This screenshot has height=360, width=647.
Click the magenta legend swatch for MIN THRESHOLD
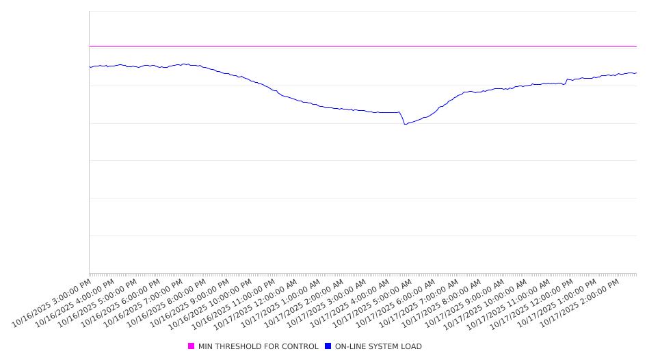pyautogui.click(x=191, y=346)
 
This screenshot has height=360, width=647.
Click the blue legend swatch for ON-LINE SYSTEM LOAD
pyautogui.click(x=328, y=346)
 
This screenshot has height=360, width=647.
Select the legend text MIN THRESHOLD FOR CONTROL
pyautogui.click(x=258, y=346)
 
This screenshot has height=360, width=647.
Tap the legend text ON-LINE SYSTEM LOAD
pyautogui.click(x=378, y=346)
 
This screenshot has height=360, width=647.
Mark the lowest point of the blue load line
pyautogui.click(x=405, y=124)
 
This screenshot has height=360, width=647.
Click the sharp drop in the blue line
pyautogui.click(x=402, y=118)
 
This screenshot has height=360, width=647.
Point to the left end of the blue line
pyautogui.click(x=90, y=67)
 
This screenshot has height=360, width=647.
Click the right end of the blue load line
pyautogui.click(x=636, y=73)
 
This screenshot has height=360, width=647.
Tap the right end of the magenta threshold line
pyautogui.click(x=636, y=46)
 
